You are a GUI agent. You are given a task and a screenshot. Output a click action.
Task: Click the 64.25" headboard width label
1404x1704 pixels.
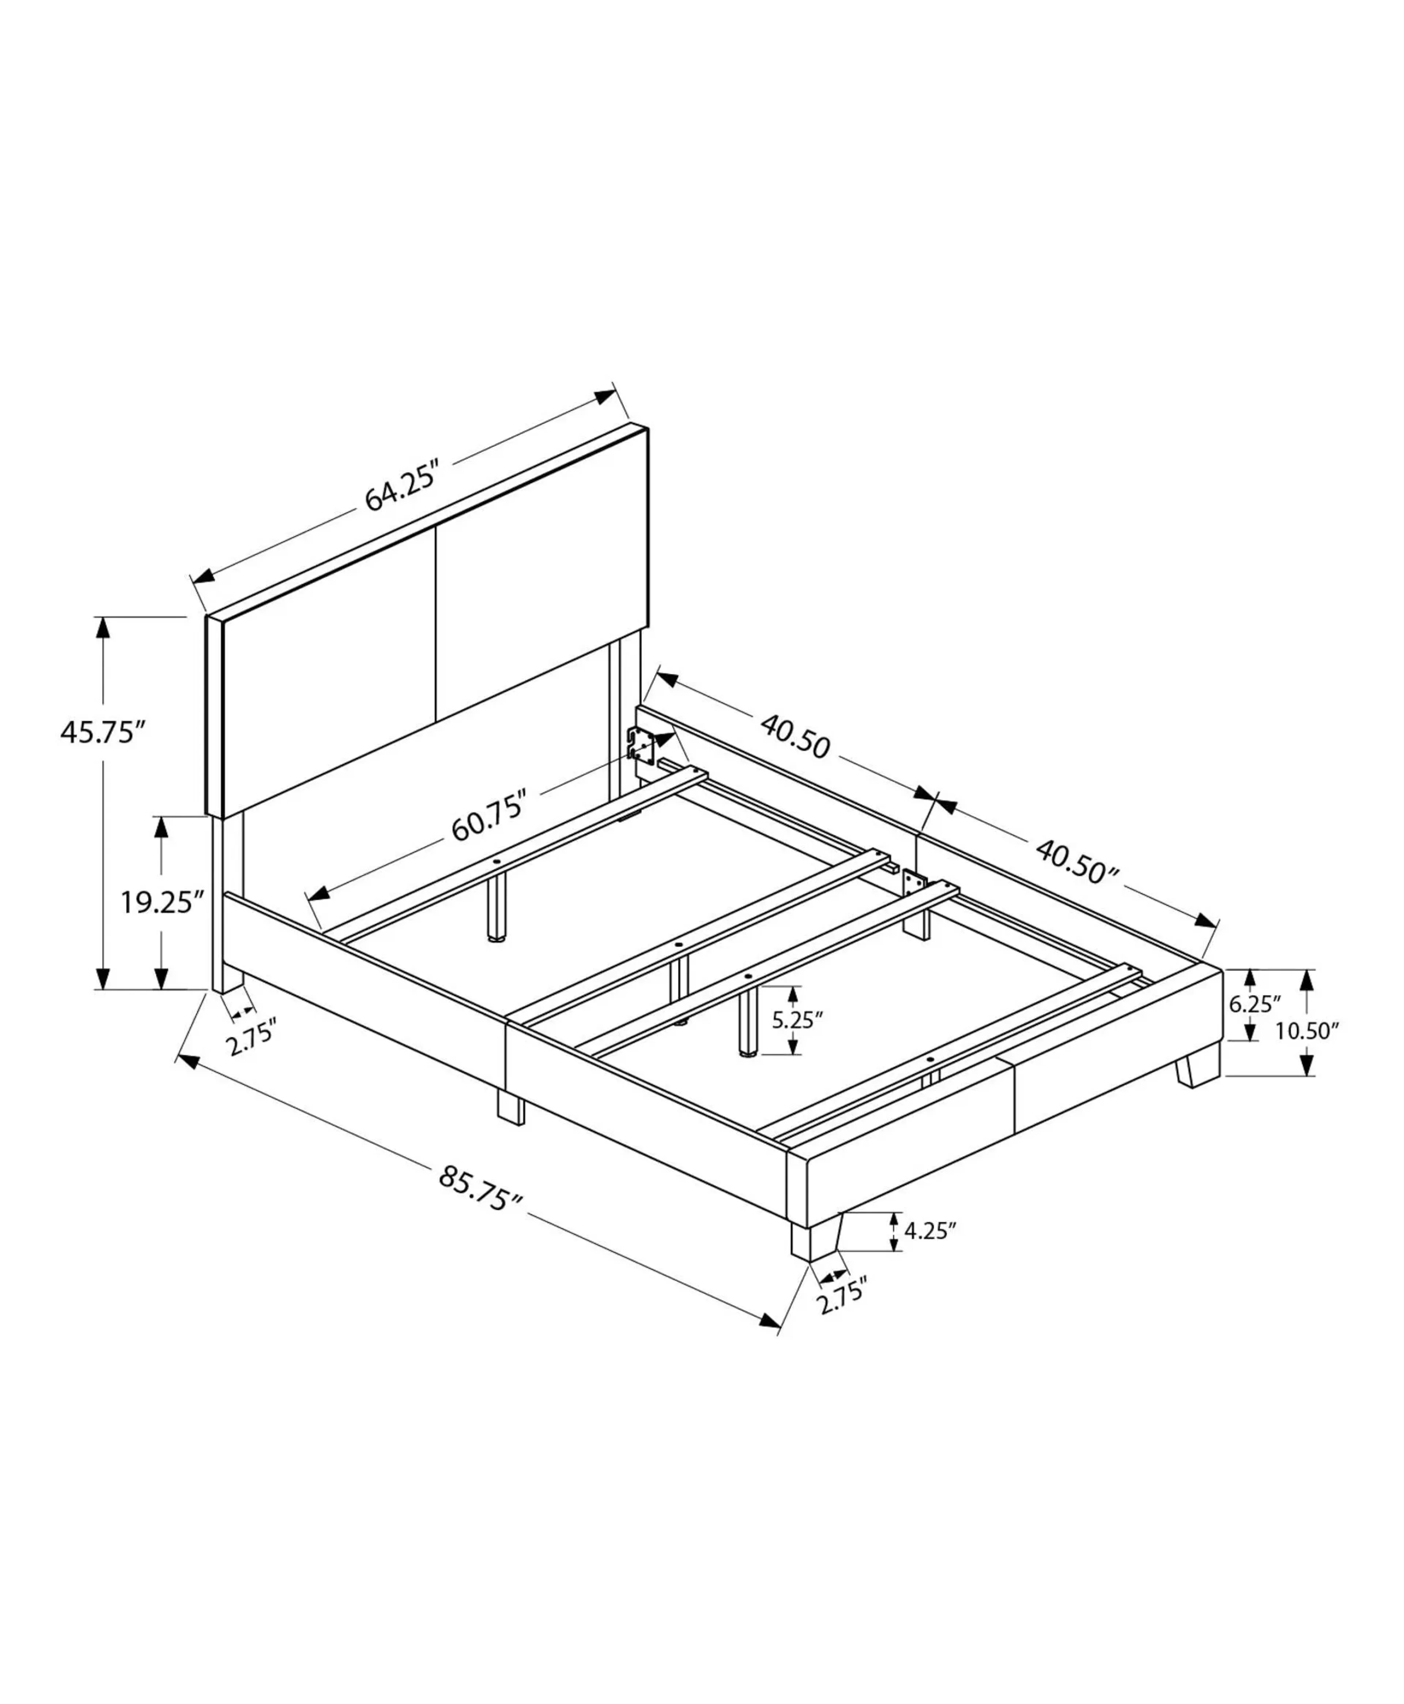click(402, 486)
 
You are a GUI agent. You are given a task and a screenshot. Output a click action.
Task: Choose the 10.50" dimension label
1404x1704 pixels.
click(1307, 1031)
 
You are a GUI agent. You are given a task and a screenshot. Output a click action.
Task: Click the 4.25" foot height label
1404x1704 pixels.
click(930, 1231)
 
